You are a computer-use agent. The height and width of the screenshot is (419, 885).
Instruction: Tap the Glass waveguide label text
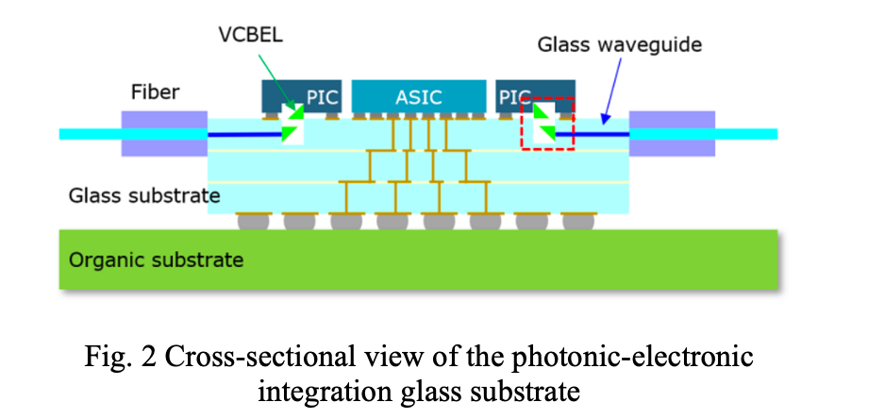tap(619, 44)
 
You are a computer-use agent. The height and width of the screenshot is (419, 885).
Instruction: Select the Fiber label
tap(155, 92)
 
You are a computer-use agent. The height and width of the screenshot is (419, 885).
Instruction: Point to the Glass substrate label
tap(143, 196)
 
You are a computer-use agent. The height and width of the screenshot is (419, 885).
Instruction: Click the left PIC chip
tap(302, 96)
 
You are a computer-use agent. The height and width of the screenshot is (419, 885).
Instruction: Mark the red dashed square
tap(548, 123)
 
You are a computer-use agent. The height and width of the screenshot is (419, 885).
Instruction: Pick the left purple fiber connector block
tap(164, 133)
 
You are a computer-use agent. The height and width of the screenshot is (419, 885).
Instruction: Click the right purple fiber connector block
tap(672, 133)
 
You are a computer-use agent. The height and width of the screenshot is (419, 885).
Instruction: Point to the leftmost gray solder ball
tap(253, 222)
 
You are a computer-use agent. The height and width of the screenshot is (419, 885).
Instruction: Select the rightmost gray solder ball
tap(578, 222)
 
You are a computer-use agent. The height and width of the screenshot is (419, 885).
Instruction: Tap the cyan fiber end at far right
tap(745, 134)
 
